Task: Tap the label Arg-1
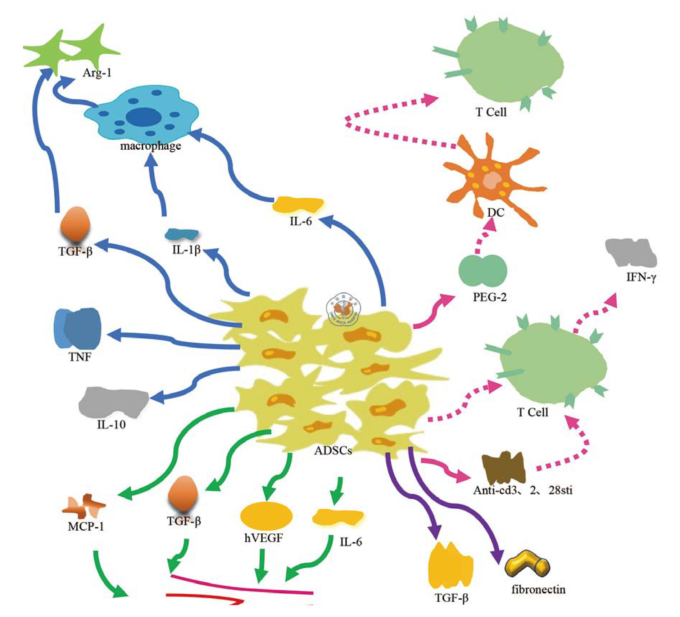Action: point(97,73)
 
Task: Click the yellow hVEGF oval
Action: point(266,516)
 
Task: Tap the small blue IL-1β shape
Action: point(181,234)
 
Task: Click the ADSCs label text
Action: point(333,450)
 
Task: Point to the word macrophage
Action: point(150,146)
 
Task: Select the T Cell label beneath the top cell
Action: point(491,112)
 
